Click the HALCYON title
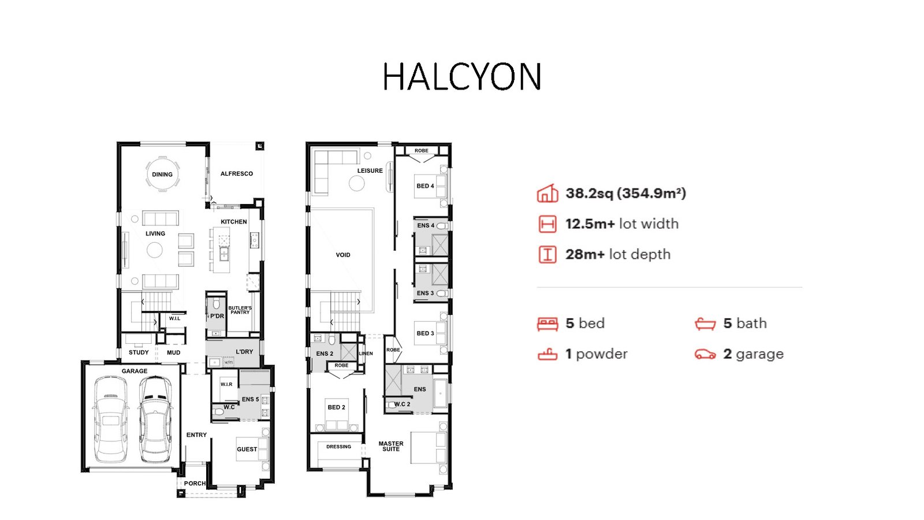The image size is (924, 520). click(x=462, y=77)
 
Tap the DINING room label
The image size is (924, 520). click(x=162, y=174)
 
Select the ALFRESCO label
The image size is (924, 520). click(x=236, y=174)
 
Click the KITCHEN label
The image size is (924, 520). click(x=233, y=222)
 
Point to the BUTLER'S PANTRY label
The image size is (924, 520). click(x=240, y=310)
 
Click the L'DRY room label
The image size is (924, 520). click(x=244, y=352)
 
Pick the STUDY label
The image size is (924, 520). click(x=139, y=352)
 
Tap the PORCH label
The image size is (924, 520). click(x=195, y=483)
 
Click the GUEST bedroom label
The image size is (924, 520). click(x=247, y=450)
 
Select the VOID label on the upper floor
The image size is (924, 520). click(x=343, y=255)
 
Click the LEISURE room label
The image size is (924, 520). click(x=370, y=170)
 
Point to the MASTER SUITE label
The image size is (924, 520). click(x=391, y=447)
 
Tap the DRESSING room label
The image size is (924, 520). click(x=338, y=447)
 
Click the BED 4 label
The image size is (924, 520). click(x=425, y=186)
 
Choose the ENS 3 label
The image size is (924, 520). click(x=425, y=293)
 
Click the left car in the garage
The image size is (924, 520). click(x=110, y=419)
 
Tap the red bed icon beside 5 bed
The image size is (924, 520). click(x=547, y=324)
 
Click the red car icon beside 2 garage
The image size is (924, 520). click(x=705, y=354)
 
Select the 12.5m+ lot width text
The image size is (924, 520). click(x=622, y=224)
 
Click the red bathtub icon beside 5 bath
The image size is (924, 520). click(x=705, y=324)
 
